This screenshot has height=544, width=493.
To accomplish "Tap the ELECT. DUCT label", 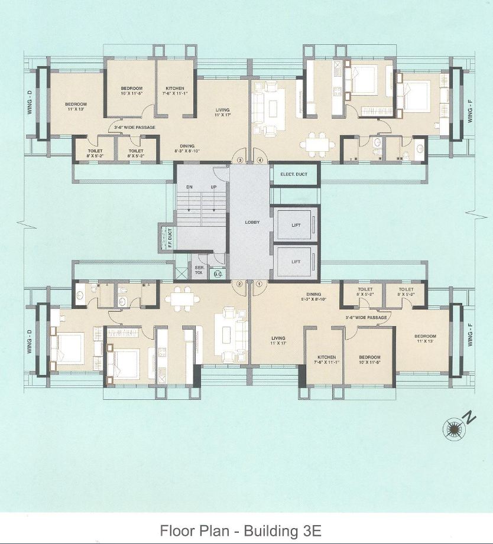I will [294, 174].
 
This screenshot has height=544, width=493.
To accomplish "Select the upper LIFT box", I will [296, 225].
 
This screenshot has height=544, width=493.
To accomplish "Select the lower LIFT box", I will [296, 262].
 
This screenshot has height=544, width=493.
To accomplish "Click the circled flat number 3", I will [240, 159].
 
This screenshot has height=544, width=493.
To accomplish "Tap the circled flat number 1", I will [259, 284].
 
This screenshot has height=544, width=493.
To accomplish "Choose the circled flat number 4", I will [259, 159].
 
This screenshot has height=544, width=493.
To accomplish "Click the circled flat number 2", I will [239, 284].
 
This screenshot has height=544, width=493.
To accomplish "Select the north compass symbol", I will [455, 428].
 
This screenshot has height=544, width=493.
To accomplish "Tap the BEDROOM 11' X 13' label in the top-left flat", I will [76, 108].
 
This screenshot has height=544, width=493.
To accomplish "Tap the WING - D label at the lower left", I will [28, 340].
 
